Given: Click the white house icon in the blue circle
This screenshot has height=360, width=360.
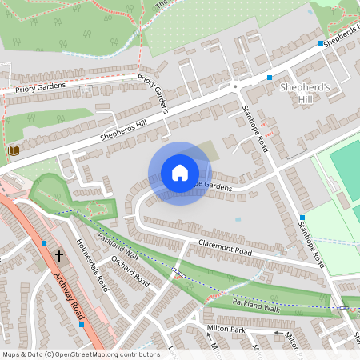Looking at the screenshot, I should tap(180, 173).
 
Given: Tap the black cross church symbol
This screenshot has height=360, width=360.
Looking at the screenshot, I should tap(59, 256).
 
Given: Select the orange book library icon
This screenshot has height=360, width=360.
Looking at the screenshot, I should tap(12, 150).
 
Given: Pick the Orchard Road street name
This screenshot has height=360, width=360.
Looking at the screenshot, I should tap(130, 272).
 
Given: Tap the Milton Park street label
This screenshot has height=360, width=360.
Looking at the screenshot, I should tap(226, 329).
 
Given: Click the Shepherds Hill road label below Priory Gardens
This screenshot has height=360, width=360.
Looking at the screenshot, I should tap(125, 127).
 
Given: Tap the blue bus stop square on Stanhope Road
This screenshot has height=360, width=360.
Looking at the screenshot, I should tap(302, 218).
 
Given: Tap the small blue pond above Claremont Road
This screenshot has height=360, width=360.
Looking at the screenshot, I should tap(238, 218).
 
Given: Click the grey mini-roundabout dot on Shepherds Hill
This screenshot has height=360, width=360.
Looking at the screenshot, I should tap(234, 86).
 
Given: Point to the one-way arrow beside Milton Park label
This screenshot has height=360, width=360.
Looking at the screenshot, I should tap(279, 333).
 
